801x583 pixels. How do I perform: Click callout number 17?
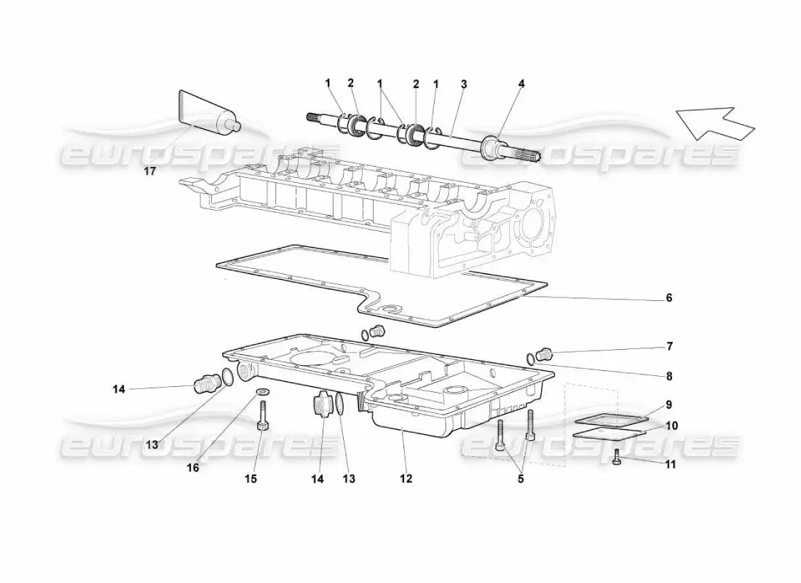point(149,171)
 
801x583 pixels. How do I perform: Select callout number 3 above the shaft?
point(463,84)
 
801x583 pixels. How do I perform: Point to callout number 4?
point(521,84)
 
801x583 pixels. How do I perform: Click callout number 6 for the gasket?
point(668,297)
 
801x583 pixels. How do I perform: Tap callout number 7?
point(669,347)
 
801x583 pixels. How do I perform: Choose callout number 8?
point(668,376)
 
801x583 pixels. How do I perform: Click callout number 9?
point(668,405)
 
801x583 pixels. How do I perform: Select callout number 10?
point(671,426)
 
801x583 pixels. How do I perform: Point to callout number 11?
point(670,464)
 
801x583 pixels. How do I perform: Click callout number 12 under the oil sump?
point(406,479)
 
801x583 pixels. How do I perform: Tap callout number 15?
point(250,479)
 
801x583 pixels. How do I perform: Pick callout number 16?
point(192,467)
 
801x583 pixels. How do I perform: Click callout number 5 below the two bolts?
point(521,479)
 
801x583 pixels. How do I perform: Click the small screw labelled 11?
point(617,457)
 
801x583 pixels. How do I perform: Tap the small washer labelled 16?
point(263,392)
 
